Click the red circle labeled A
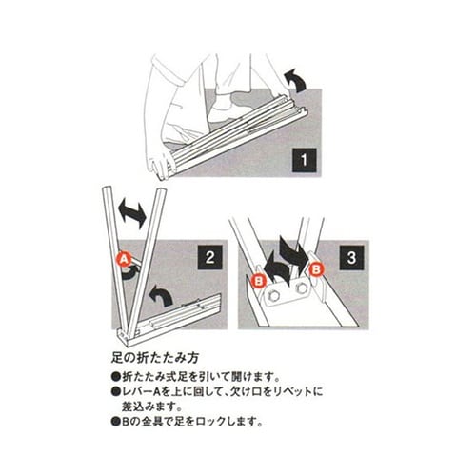122,257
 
